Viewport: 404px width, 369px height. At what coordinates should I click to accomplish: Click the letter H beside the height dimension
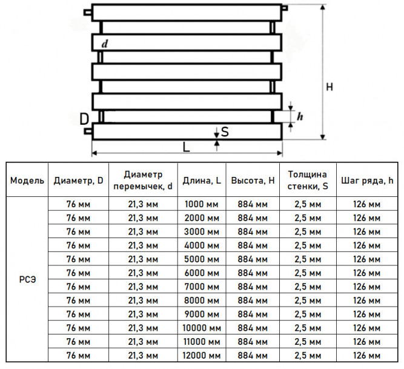(x=329, y=87)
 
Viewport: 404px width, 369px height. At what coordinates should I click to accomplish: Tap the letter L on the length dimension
(x=186, y=147)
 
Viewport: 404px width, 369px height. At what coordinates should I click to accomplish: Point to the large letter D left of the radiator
(x=84, y=119)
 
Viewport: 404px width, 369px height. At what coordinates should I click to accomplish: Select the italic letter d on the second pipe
(x=105, y=44)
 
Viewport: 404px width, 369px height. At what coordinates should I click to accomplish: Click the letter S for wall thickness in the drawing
(x=225, y=131)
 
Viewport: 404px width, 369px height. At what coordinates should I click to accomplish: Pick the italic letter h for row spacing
(x=300, y=116)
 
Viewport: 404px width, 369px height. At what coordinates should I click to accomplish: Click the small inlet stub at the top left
(x=88, y=12)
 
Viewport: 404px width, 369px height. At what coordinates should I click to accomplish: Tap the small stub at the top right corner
(x=285, y=8)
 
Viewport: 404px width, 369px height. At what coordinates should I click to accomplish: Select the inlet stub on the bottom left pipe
(x=88, y=131)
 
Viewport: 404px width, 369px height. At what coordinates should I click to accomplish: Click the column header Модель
(x=27, y=181)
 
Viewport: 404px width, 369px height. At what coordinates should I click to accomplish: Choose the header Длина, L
(x=202, y=181)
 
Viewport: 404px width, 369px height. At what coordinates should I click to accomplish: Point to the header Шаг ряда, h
(x=367, y=181)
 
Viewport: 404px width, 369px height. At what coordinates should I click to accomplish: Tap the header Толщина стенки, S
(x=308, y=180)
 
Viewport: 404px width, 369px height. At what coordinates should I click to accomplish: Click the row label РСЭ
(x=28, y=279)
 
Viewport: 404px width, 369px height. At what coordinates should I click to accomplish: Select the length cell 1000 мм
(x=202, y=204)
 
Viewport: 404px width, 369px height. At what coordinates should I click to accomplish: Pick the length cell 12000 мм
(x=202, y=356)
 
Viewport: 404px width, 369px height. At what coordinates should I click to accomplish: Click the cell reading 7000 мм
(x=202, y=287)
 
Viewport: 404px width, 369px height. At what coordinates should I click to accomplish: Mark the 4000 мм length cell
(x=202, y=245)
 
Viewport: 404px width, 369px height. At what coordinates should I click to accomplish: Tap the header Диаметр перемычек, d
(x=143, y=180)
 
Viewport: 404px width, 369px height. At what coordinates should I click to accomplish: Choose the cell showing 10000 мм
(x=202, y=328)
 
